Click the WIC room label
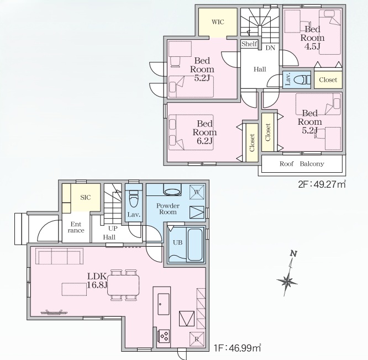(x=218, y=22)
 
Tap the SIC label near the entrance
(x=86, y=198)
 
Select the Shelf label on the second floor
(x=249, y=44)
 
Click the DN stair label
(x=270, y=48)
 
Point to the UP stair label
(x=113, y=228)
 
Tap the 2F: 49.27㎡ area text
(x=322, y=184)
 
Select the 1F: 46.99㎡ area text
(x=237, y=348)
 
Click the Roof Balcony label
(x=302, y=163)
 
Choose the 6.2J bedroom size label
(x=204, y=141)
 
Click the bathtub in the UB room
(x=195, y=244)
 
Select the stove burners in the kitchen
(x=164, y=336)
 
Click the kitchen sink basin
(x=164, y=304)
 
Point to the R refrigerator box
(x=197, y=339)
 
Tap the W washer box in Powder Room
(x=197, y=192)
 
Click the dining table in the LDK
(x=123, y=285)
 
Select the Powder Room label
(x=168, y=209)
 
